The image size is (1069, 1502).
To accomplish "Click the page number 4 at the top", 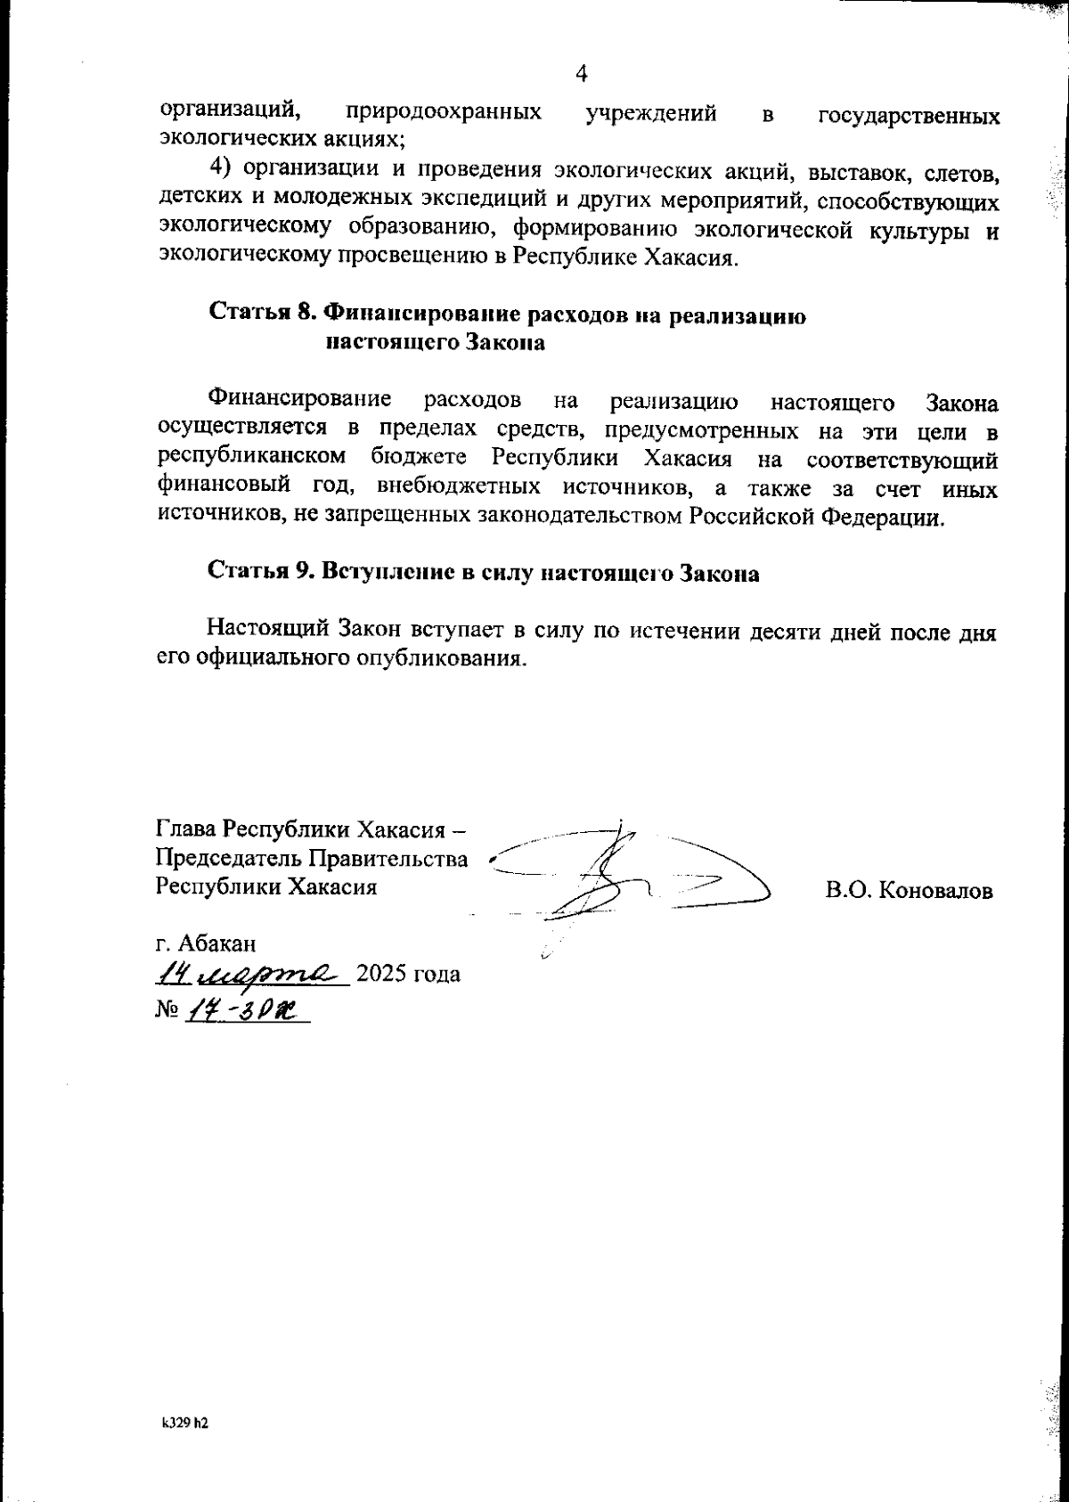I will (x=582, y=74).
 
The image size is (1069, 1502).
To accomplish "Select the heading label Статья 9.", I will (x=258, y=573).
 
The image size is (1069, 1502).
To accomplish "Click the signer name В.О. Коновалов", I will (x=909, y=891).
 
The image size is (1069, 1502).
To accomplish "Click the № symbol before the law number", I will (x=167, y=1011).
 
